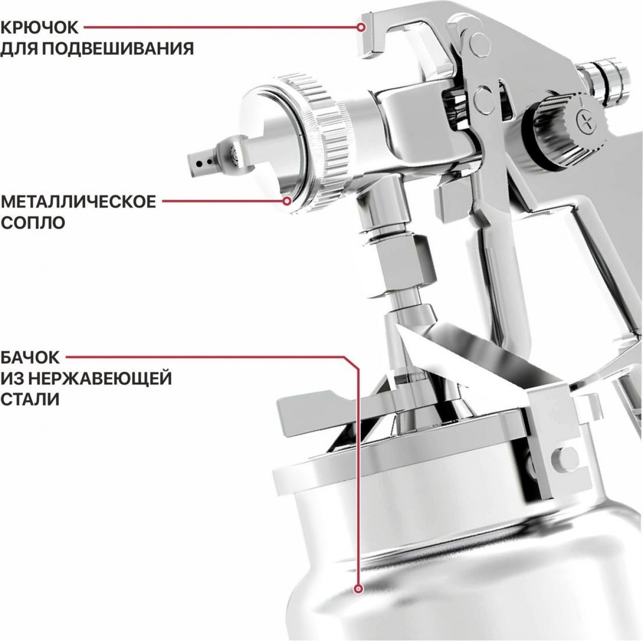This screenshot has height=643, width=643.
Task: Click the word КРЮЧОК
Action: coord(40,28)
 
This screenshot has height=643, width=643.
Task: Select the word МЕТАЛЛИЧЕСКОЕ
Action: coord(79,202)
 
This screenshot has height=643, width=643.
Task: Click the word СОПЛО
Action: coord(33,223)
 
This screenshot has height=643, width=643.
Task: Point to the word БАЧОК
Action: coord(30,358)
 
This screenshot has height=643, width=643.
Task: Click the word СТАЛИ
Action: coord(30,400)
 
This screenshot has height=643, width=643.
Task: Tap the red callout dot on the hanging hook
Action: coord(360,28)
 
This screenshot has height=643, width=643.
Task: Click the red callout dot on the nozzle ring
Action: coord(287,201)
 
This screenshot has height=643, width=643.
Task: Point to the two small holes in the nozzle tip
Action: coord(204,163)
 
